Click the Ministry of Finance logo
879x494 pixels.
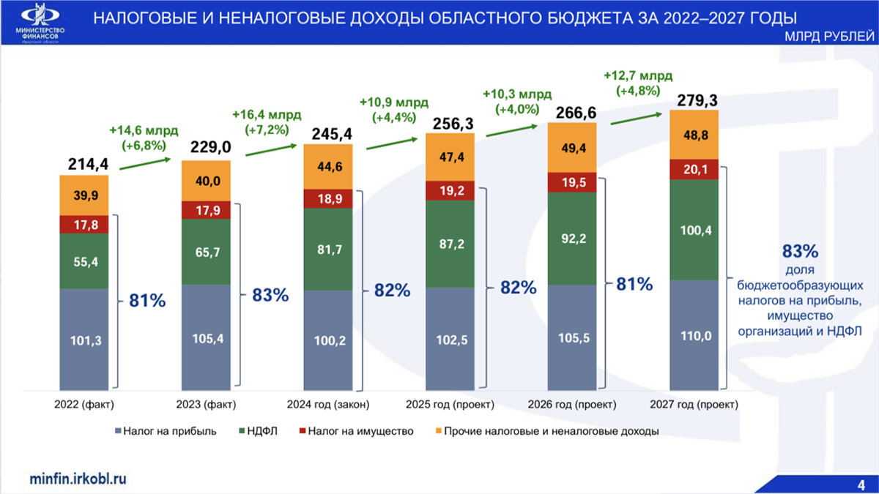click(42, 22)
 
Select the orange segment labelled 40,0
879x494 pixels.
click(206, 181)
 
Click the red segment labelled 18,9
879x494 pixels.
click(327, 199)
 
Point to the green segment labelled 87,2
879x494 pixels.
click(450, 243)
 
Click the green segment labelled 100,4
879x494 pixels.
click(694, 230)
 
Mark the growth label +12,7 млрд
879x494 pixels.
click(638, 75)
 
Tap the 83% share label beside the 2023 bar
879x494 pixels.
click(270, 295)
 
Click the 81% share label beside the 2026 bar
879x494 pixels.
click(634, 284)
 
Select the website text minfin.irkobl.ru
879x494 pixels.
click(78, 477)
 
